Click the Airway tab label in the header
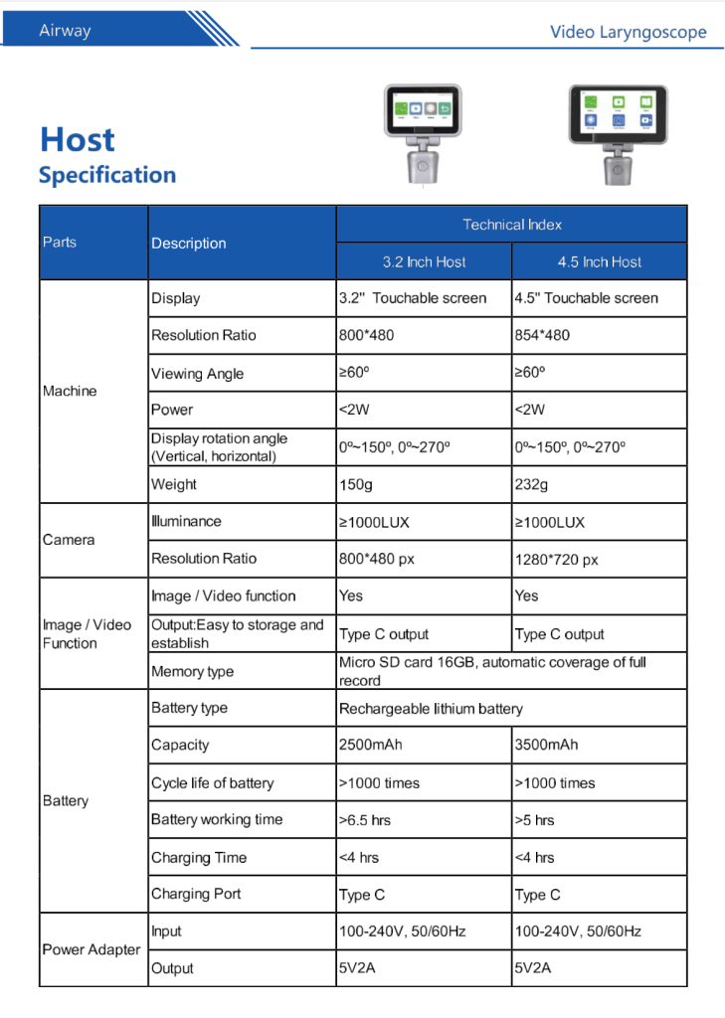(x=65, y=31)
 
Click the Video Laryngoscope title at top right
(x=628, y=32)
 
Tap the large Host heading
(x=78, y=139)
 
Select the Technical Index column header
(x=511, y=225)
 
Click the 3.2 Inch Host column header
(x=424, y=262)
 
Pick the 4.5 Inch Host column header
(x=599, y=262)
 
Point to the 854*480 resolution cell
(x=542, y=335)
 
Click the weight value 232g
(x=531, y=485)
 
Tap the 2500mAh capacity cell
(x=371, y=745)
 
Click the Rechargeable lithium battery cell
(x=431, y=709)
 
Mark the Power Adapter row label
(x=91, y=949)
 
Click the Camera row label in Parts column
(x=69, y=540)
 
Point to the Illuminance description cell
(x=186, y=521)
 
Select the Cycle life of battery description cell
(x=212, y=782)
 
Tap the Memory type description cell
(x=192, y=672)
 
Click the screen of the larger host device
(x=618, y=111)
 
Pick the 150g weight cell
(x=355, y=485)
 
